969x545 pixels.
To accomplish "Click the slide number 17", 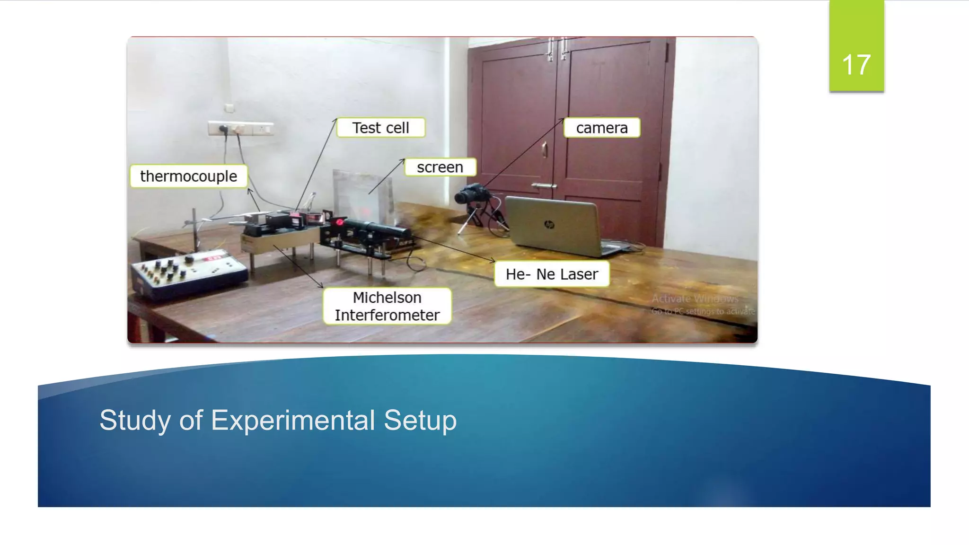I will [856, 64].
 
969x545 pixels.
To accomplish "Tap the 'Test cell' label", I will [380, 128].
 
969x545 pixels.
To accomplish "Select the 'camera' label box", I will [601, 128].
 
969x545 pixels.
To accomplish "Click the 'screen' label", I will [440, 167].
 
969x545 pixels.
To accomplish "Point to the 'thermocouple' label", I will [188, 176].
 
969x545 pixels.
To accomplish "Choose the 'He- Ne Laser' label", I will [552, 274].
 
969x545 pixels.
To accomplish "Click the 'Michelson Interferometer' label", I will [387, 306].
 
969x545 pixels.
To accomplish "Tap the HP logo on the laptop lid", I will [549, 224].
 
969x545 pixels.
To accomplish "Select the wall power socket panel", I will [240, 128].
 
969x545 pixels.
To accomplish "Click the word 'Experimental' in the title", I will [293, 420].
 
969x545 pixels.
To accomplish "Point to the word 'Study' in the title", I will [135, 420].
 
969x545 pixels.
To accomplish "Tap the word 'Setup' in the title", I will [420, 420].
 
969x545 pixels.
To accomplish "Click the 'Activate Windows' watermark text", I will [695, 299].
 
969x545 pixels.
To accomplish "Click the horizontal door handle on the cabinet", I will [544, 186].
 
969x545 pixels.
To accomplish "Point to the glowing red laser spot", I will [340, 221].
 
